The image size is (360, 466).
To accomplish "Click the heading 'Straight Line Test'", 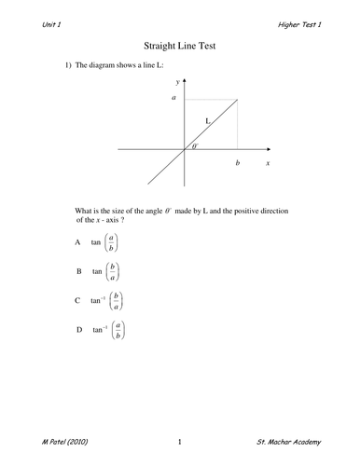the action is coord(180,44).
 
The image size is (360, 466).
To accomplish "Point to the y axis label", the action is coord(177,83).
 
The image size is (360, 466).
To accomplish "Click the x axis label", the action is coord(268,162).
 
